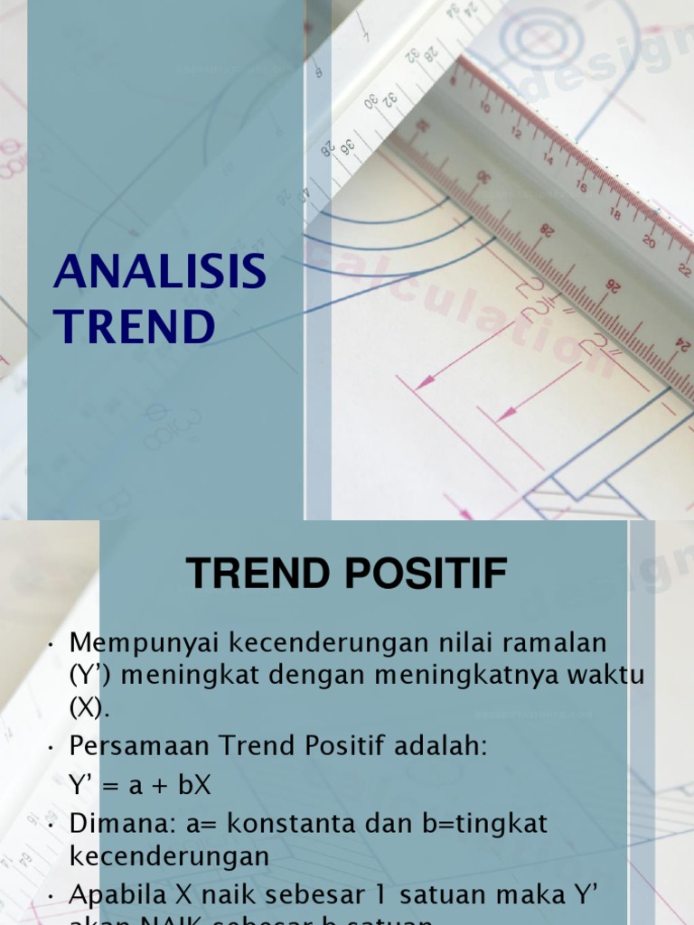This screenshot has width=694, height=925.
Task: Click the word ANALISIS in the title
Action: (x=160, y=272)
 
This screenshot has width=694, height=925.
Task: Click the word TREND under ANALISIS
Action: (x=135, y=326)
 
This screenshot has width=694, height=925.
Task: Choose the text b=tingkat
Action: (x=497, y=824)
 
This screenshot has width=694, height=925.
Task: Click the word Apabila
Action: (x=118, y=896)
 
